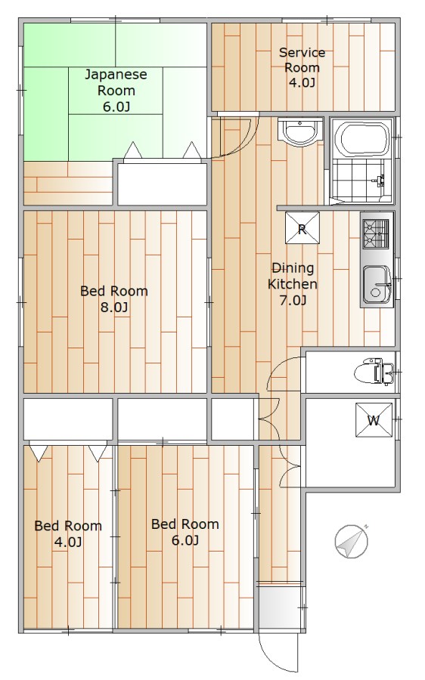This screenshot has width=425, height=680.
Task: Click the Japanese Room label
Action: click(x=116, y=91)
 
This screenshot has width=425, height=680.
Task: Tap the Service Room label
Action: click(x=302, y=67)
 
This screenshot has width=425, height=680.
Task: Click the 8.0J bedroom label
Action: click(x=114, y=298)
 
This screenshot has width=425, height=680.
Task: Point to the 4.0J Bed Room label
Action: click(x=68, y=534)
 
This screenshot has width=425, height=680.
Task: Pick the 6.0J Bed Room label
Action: click(x=185, y=532)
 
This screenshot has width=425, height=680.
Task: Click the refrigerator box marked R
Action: click(x=302, y=228)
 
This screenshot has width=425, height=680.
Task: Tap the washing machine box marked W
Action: click(x=374, y=420)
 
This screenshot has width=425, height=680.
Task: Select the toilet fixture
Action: click(x=374, y=372)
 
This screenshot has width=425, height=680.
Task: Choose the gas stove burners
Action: click(x=376, y=234)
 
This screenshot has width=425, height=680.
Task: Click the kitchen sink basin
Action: click(x=377, y=285)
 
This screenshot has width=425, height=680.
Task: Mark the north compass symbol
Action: click(x=352, y=541)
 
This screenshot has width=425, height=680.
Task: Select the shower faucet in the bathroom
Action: click(x=380, y=181)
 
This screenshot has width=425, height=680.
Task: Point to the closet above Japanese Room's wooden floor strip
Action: click(x=162, y=182)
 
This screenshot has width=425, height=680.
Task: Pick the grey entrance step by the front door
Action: click(x=280, y=607)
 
